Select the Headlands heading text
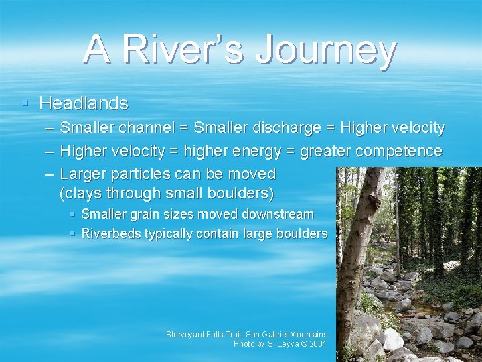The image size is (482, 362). (84, 103)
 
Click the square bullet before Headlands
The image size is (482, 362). (25, 103)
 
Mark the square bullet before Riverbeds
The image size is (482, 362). (73, 233)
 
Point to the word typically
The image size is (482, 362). (170, 233)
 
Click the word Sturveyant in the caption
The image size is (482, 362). (188, 334)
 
